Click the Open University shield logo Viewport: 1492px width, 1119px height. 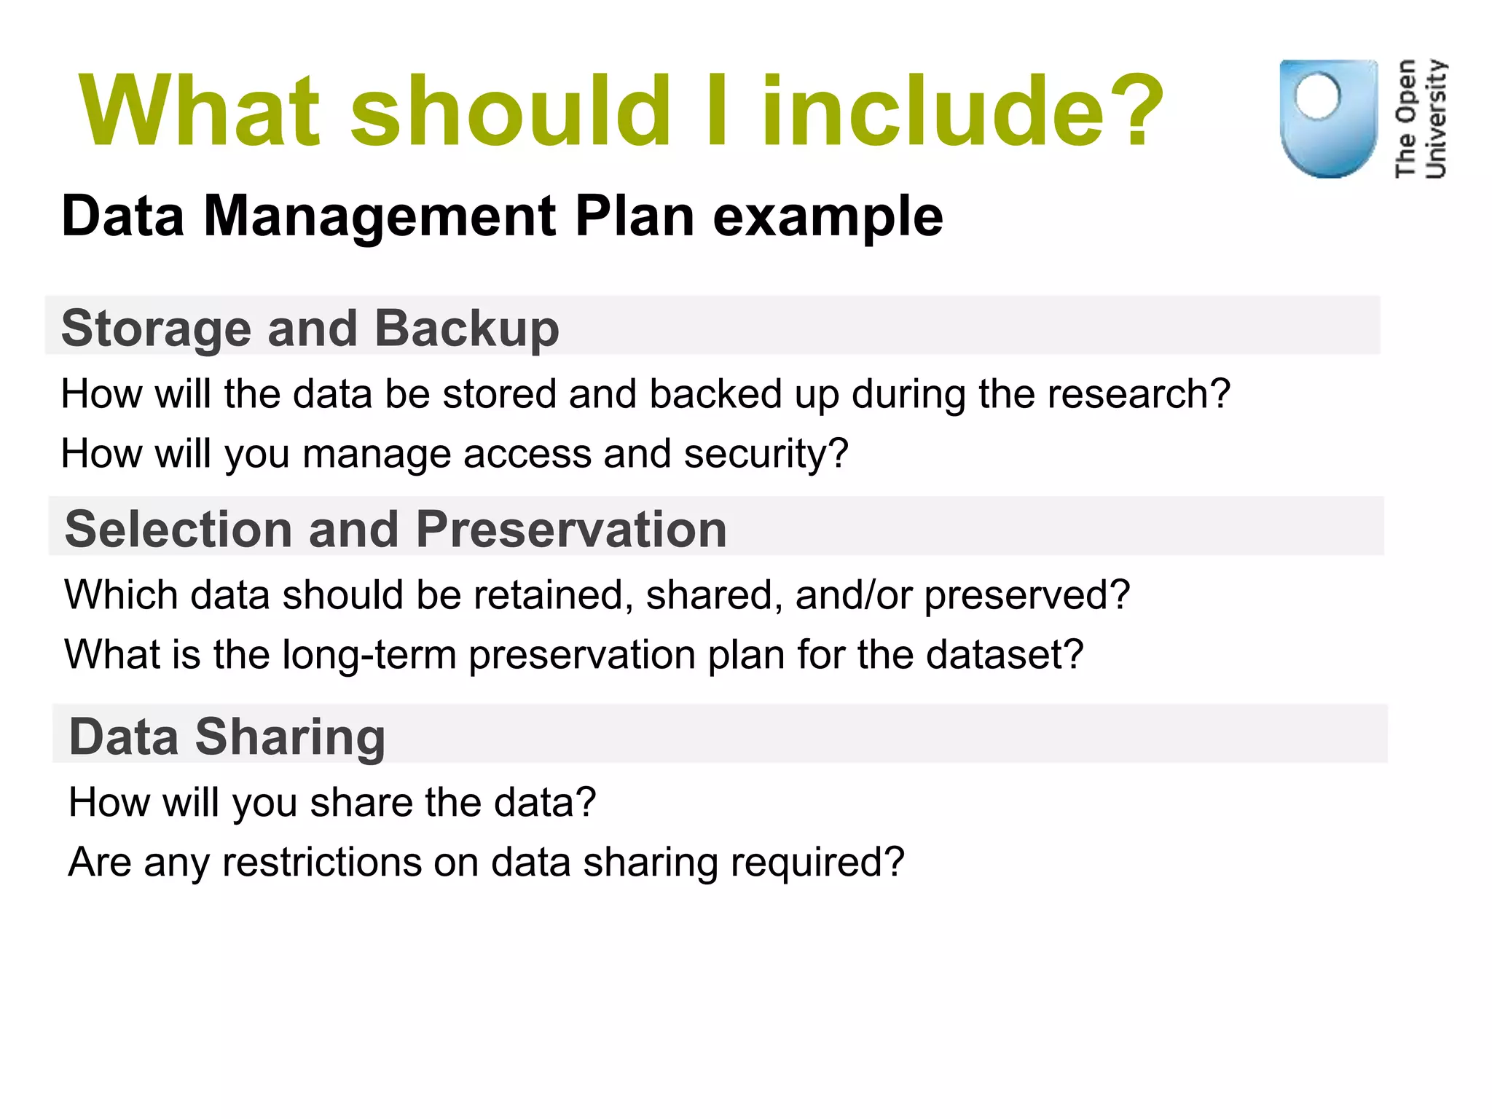coord(1328,119)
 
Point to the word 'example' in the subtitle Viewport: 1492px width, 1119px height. coord(828,218)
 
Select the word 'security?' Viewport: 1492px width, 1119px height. coord(766,454)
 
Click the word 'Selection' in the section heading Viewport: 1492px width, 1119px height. coord(179,529)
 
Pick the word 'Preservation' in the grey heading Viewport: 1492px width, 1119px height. coord(571,529)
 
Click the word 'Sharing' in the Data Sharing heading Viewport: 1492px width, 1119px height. coord(290,737)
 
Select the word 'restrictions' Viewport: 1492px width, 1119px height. coord(322,863)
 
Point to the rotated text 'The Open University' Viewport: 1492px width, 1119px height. coord(1421,119)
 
